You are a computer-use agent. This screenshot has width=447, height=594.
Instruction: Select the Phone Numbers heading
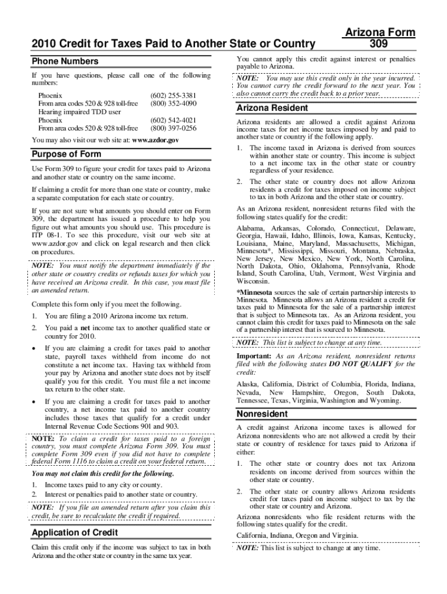coord(65,61)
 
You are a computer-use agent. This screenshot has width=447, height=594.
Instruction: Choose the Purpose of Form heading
coord(66,154)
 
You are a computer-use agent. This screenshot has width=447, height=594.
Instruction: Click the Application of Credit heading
coord(75,533)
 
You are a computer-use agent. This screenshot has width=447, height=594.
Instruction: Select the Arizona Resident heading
coord(272,108)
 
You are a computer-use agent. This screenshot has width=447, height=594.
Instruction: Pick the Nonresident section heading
coord(262,414)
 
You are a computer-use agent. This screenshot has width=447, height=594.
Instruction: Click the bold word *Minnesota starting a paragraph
coord(254,292)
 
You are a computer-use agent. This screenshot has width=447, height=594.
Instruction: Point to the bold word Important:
coord(254,356)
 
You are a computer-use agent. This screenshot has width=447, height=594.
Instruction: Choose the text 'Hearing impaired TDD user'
coord(79,112)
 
